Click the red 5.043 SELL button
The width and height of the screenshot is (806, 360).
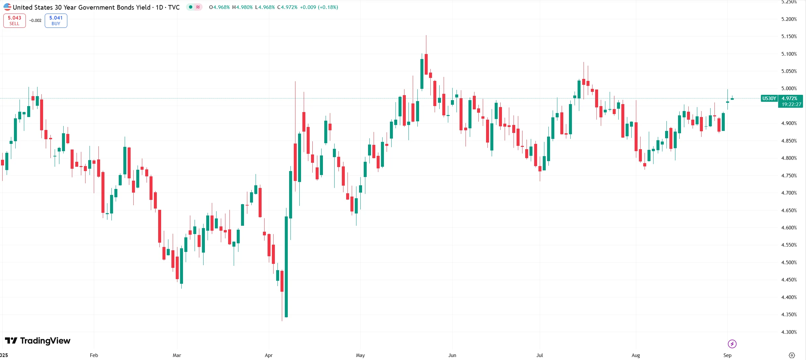(14, 21)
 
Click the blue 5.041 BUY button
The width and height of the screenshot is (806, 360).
(56, 21)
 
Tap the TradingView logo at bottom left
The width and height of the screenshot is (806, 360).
(37, 341)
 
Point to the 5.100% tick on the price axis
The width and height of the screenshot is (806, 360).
(789, 54)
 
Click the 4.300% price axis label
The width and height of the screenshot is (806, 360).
(789, 332)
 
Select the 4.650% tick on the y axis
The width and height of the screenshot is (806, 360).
(789, 210)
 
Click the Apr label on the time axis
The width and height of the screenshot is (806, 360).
(269, 355)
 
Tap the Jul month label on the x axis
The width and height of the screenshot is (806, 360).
(540, 355)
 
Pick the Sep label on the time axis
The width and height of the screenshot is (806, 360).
(727, 355)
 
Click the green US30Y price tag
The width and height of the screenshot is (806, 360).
(769, 98)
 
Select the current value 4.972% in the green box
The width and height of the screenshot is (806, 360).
(789, 98)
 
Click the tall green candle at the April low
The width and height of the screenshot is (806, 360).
(286, 265)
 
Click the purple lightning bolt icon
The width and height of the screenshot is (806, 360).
(732, 344)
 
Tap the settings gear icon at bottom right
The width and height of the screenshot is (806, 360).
(792, 355)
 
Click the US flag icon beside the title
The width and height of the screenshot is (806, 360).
(7, 7)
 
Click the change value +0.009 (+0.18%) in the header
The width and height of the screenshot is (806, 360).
(319, 7)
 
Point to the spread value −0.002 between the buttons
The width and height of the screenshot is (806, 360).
(35, 21)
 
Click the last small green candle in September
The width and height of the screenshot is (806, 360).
(732, 99)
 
